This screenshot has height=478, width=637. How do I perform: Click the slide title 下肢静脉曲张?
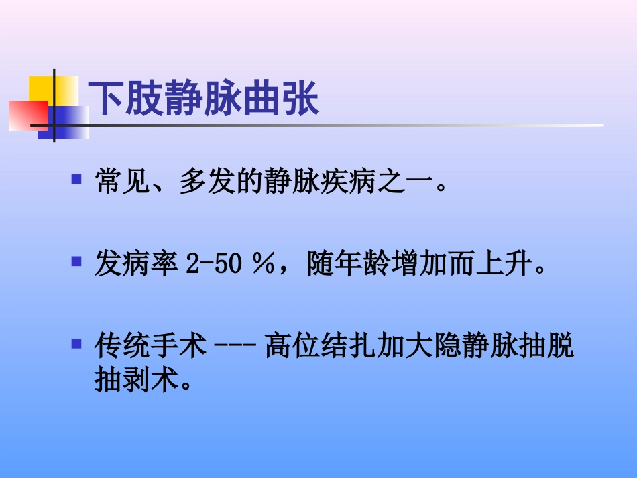pyautogui.click(x=204, y=99)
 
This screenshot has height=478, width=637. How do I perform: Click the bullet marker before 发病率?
pyautogui.click(x=76, y=260)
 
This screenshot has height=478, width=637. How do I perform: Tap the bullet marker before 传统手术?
pyautogui.click(x=76, y=345)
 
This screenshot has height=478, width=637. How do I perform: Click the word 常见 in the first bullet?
pyautogui.click(x=117, y=182)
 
